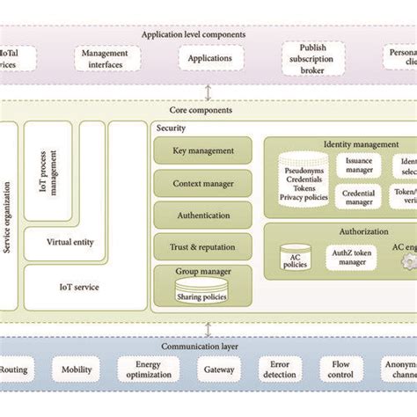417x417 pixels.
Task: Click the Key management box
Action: (202, 150)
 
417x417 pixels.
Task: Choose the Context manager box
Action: (202, 183)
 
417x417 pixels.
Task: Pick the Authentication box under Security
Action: (202, 215)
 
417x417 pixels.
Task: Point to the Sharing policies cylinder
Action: (202, 294)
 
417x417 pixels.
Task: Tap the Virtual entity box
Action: (70, 242)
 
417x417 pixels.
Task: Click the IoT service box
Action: (78, 287)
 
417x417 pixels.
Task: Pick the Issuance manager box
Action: (359, 165)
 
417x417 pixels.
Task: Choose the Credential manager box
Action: (359, 196)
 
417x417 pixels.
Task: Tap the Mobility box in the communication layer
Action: (76, 371)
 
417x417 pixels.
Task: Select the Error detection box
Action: (280, 371)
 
